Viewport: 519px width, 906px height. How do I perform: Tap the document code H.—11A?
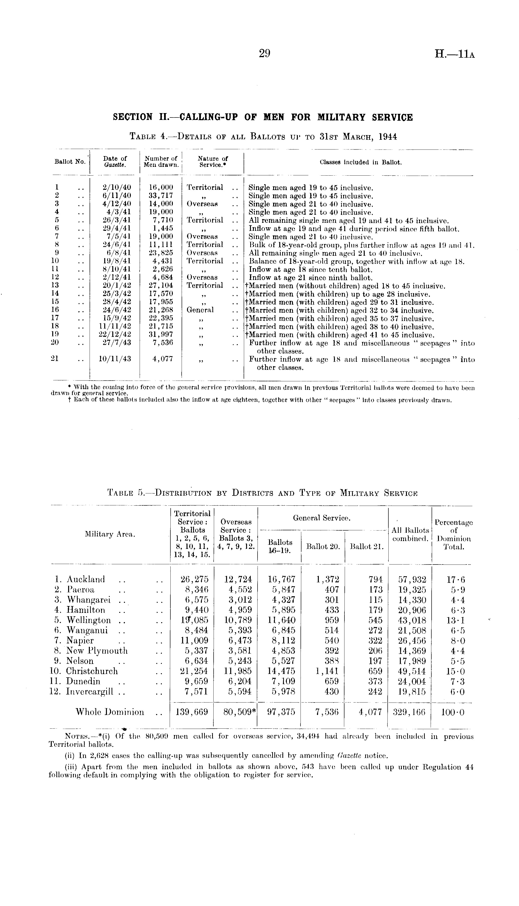click(x=455, y=54)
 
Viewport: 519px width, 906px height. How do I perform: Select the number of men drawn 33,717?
click(x=161, y=195)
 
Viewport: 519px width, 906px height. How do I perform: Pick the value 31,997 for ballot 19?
click(x=161, y=335)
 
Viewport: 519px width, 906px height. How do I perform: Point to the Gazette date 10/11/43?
click(x=115, y=359)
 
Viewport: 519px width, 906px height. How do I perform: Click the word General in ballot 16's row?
click(x=200, y=310)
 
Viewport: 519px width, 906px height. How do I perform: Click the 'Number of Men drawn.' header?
click(x=161, y=161)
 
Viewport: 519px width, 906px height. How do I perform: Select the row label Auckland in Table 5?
click(x=85, y=579)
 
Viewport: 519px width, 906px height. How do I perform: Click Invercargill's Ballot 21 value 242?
click(x=375, y=692)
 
